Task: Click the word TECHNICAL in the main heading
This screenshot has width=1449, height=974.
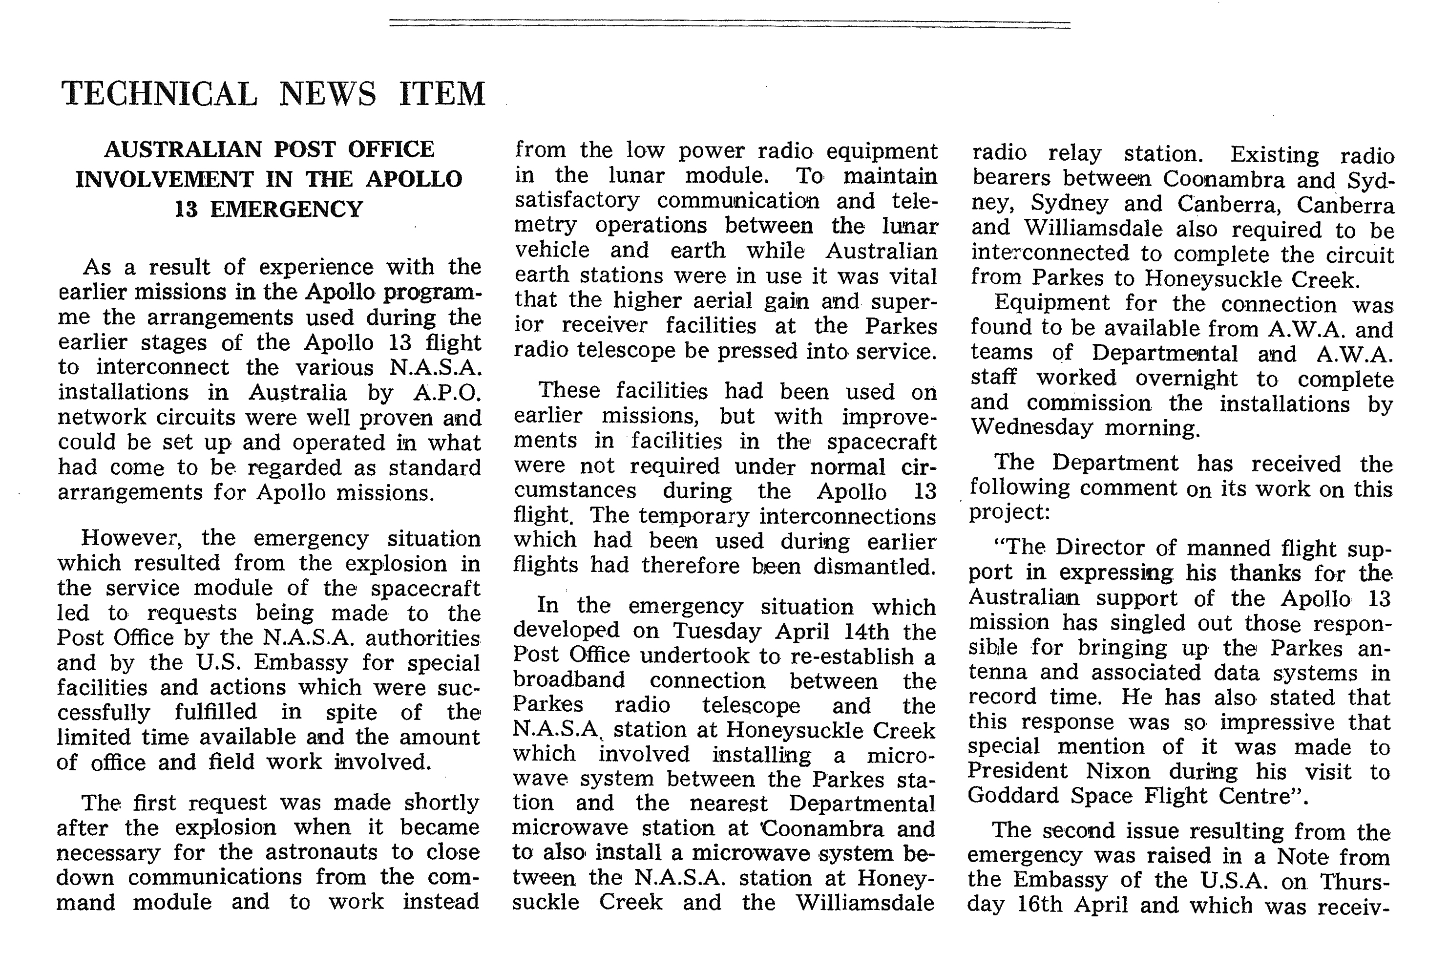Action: tap(159, 94)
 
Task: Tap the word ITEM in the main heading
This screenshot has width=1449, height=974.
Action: tap(441, 94)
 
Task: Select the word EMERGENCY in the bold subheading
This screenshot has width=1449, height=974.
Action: tap(286, 210)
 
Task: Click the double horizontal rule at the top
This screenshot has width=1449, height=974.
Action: tap(730, 24)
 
